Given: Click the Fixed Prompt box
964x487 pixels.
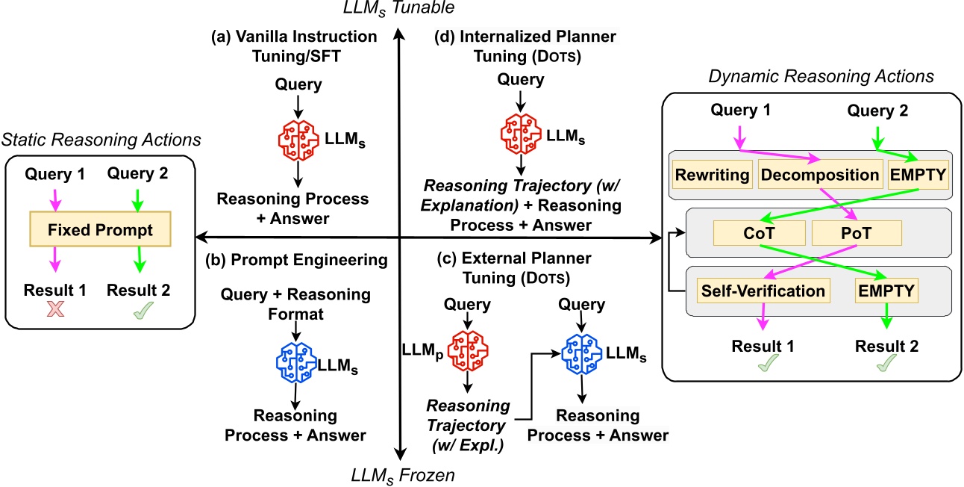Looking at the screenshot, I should pos(100,229).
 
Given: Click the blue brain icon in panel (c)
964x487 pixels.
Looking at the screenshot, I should pos(583,348).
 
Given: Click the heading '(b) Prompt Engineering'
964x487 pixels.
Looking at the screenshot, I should pos(295,260).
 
